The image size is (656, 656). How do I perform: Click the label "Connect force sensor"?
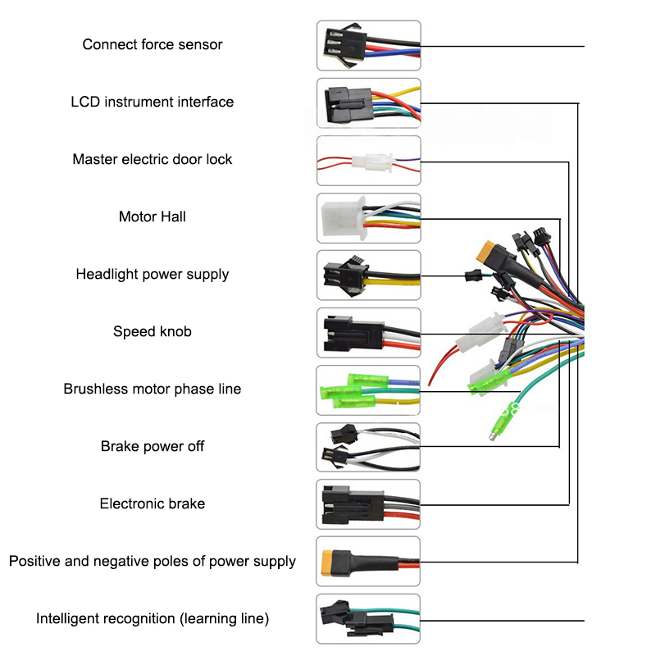coord(153,44)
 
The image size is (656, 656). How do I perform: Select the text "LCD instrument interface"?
coord(153,102)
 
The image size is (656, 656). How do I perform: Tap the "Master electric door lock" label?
coord(153,159)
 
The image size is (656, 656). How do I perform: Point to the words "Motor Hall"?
coord(153,216)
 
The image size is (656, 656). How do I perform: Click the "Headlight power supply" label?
coord(153,274)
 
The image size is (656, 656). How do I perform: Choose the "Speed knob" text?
coord(153,331)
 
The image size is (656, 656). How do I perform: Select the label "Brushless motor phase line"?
coord(153,389)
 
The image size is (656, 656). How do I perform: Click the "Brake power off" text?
coord(153,446)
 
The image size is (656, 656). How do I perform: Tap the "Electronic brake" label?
coord(153,503)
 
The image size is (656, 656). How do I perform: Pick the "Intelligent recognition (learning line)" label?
coord(153,618)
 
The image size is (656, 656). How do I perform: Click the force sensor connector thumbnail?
coord(368,45)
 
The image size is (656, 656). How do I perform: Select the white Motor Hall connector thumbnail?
coord(368,217)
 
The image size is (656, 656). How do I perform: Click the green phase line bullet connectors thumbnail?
coord(368,389)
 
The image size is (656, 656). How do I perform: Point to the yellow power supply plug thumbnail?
coord(368,562)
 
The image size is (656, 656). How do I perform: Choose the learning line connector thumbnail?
coord(368,619)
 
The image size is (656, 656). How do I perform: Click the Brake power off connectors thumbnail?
coord(368,447)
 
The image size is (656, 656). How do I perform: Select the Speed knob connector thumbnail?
coord(368,332)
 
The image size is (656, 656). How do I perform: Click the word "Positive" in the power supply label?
coord(37,561)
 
